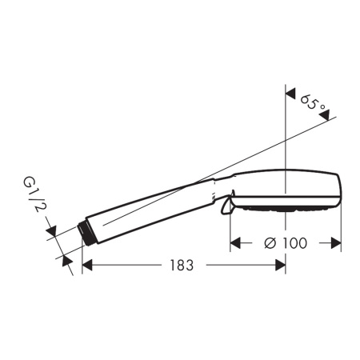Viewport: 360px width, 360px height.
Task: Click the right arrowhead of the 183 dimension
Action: (281, 266)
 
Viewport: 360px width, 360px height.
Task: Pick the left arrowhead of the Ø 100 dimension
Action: (235, 242)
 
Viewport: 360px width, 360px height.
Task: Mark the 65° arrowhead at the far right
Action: (325, 117)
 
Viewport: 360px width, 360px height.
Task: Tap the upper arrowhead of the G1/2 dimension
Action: (54, 232)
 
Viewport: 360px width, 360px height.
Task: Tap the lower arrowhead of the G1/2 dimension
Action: (66, 257)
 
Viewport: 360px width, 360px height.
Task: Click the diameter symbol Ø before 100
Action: (270, 242)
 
